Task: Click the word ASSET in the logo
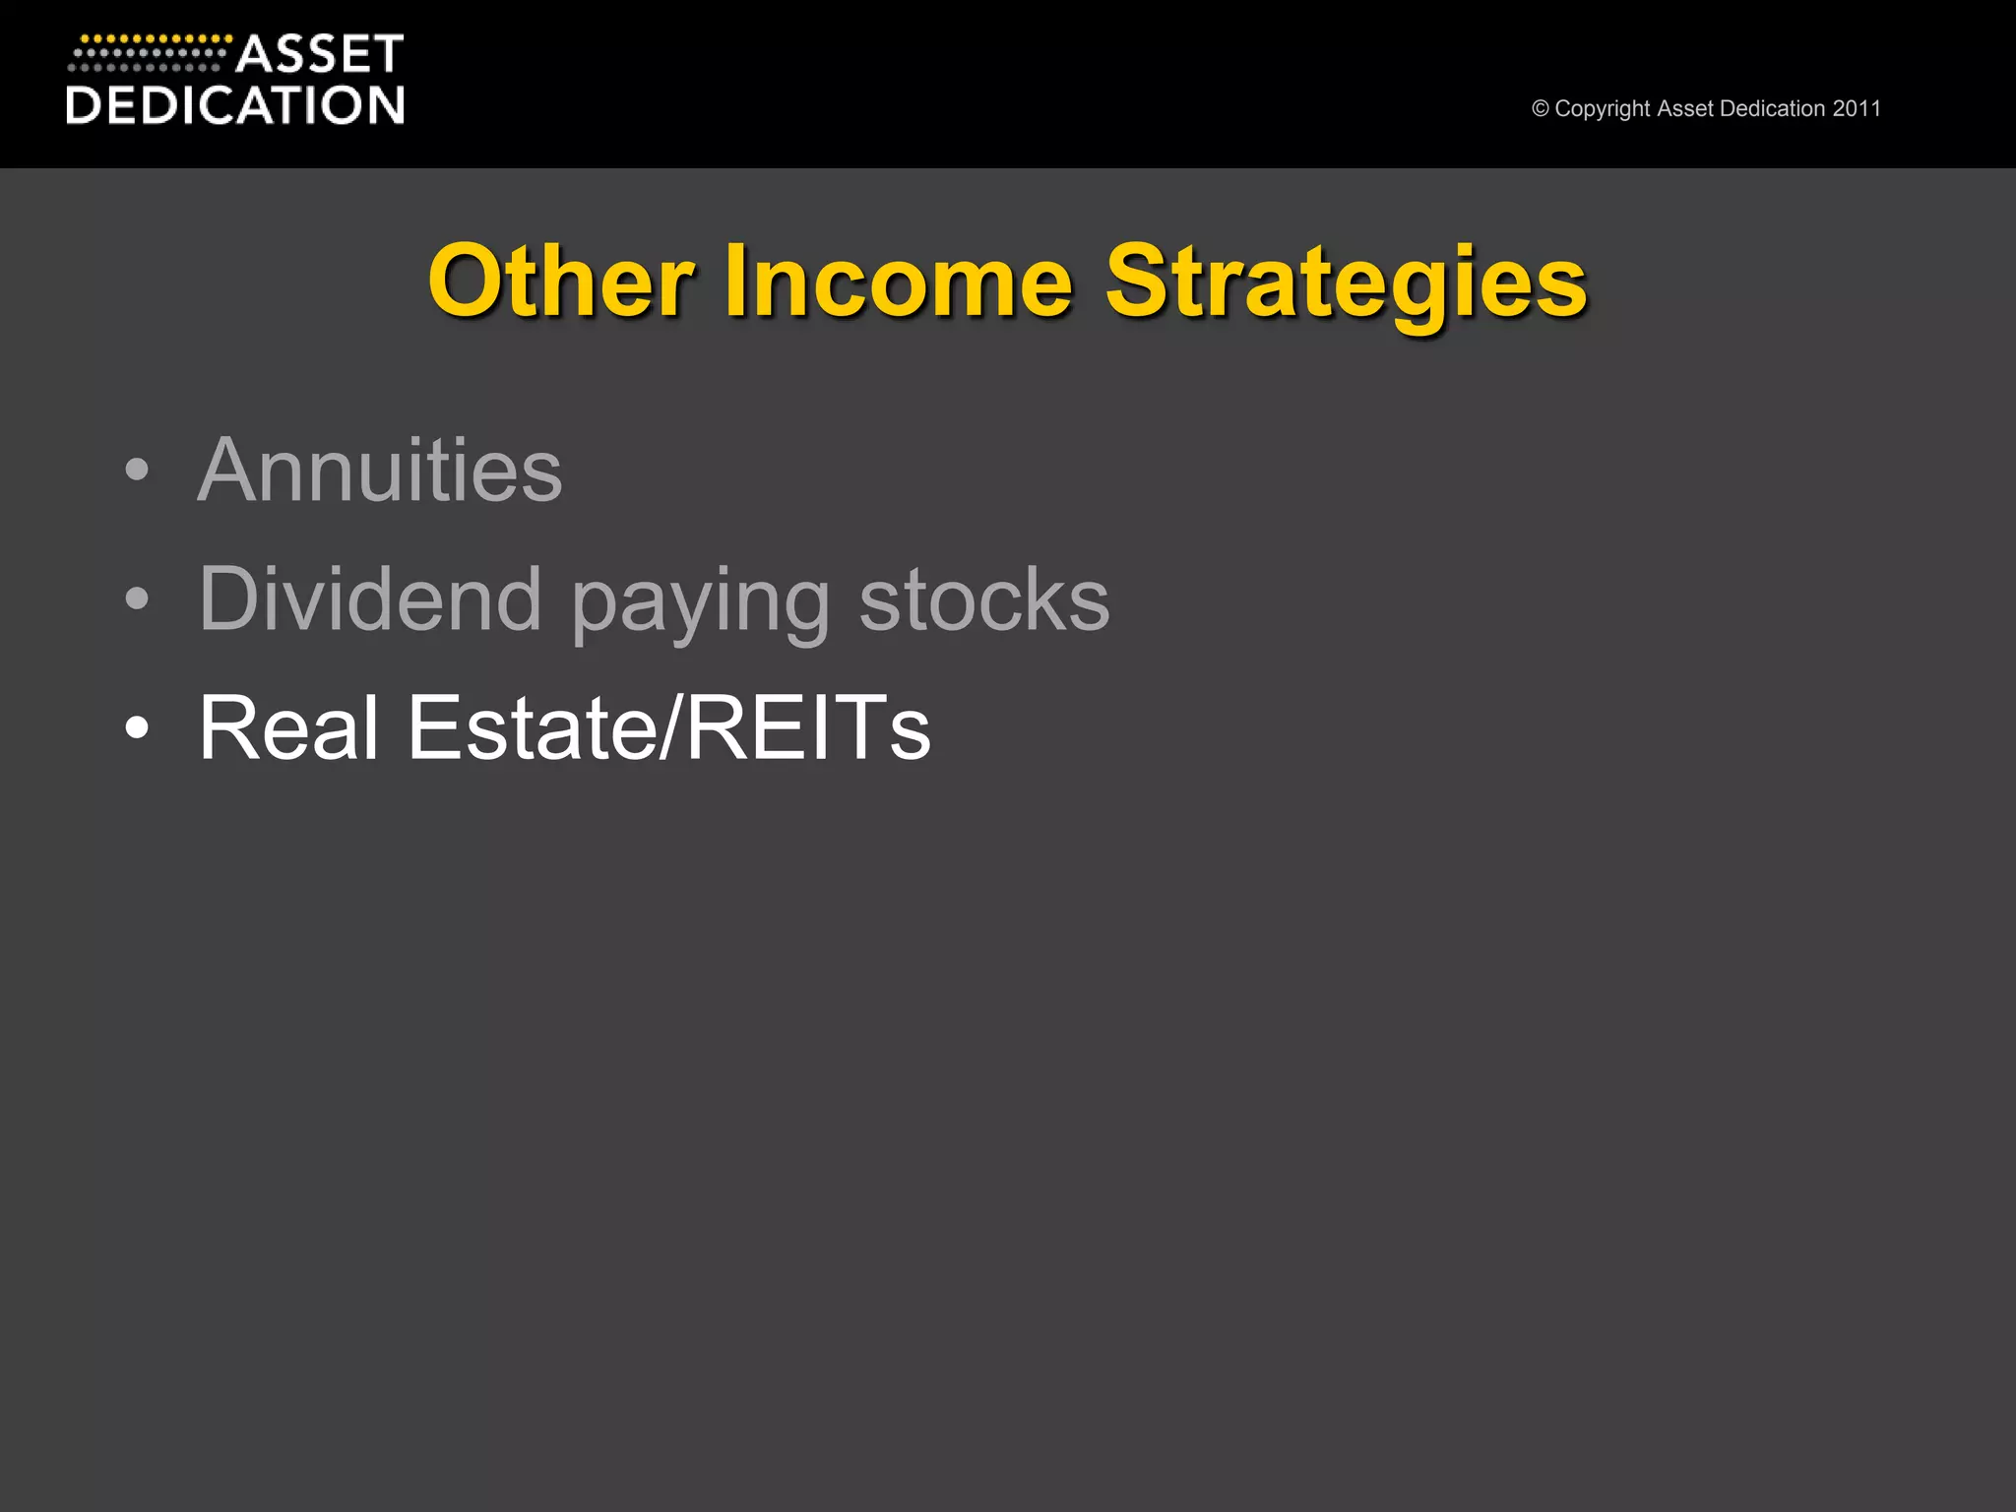tap(320, 54)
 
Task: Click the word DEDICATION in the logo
tap(235, 105)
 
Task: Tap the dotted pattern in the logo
tap(148, 54)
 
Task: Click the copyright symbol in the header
tap(1541, 109)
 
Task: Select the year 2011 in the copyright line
tap(1857, 108)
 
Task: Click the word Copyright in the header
tap(1603, 109)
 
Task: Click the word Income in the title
tap(898, 282)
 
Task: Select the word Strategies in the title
tap(1346, 283)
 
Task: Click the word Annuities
tap(380, 470)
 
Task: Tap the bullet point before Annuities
tap(138, 470)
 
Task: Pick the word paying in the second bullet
tap(701, 602)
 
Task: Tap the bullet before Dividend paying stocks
tap(138, 598)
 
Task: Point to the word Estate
tap(533, 727)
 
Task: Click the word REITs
tap(807, 727)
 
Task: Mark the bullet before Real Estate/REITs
tap(138, 727)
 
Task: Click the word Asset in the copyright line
tap(1685, 108)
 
